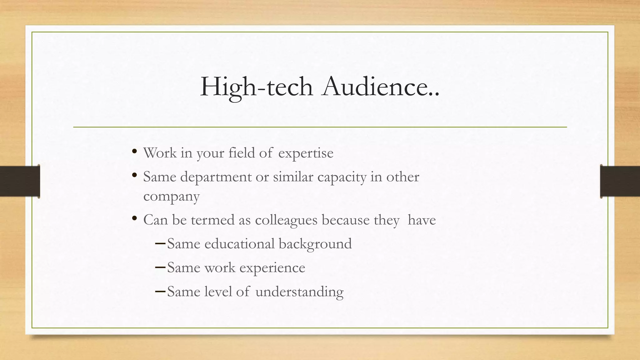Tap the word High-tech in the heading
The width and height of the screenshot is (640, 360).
pos(256,87)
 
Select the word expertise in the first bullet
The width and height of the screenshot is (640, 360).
pos(306,153)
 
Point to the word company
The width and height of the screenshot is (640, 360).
pos(171,197)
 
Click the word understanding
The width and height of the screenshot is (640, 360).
pos(299,292)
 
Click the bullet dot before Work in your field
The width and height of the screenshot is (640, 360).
pos(134,152)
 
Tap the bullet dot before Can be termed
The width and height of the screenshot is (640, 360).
pos(134,219)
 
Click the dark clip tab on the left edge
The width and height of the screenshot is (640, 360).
pos(20,181)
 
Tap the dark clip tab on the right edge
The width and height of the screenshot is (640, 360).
pos(620,181)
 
